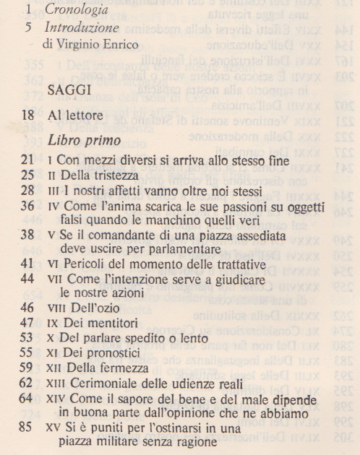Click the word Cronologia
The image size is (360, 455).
point(76,11)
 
